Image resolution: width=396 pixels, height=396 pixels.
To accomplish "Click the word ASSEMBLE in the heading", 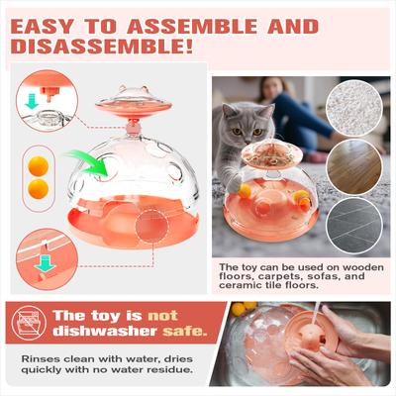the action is pos(192,27).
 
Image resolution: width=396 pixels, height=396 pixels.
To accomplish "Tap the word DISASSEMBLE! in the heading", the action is pos(102,47).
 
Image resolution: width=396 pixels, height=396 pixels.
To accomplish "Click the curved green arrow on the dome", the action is pos(89,162).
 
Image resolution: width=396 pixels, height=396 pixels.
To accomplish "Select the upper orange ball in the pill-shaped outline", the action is pos(39,166).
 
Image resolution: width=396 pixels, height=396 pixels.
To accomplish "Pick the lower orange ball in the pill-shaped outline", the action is pos(39,189).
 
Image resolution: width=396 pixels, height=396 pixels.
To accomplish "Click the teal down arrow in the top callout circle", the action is pos(32,101).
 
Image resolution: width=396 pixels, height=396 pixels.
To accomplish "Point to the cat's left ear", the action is pos(227,110).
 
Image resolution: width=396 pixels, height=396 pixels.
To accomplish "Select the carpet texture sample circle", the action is pos(354,108).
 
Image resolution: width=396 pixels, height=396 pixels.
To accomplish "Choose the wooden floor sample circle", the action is pos(354,167).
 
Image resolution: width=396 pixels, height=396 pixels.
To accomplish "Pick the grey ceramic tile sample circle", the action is pos(354,226).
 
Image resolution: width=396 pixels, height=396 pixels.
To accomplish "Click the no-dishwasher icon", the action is pos(30,323).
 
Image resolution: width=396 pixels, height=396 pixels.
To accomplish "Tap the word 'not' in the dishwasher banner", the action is pos(162,316).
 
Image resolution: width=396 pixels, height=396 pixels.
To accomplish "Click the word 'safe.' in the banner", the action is pos(185,331).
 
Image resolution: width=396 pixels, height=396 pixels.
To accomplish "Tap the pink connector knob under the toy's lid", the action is pos(133,126).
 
